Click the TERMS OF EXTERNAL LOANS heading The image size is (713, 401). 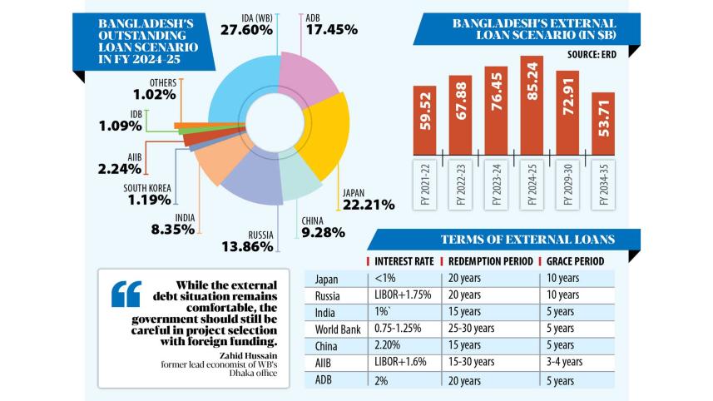pyautogui.click(x=527, y=240)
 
